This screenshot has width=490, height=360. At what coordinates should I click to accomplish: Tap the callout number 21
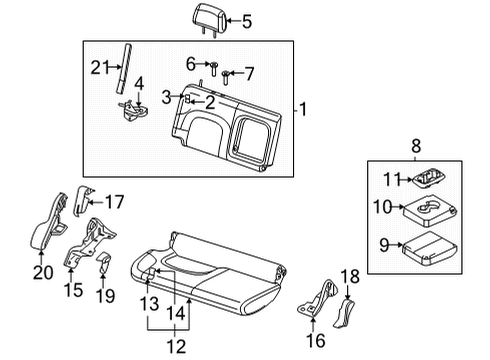click(x=98, y=67)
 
